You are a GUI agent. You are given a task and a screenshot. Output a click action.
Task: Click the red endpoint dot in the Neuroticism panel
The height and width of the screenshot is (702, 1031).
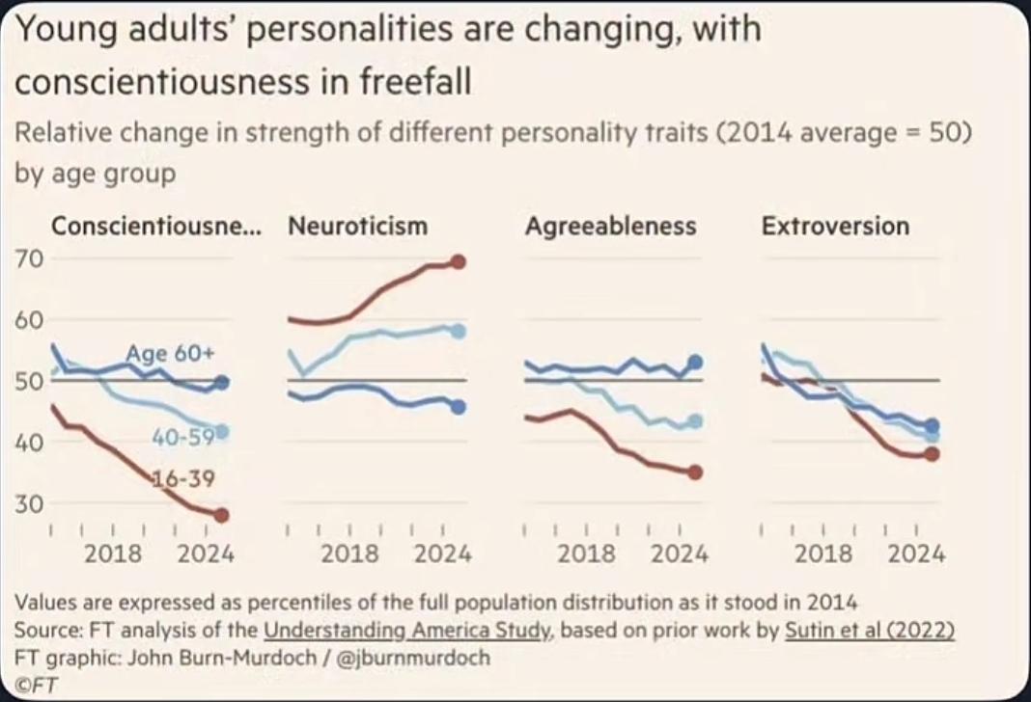(458, 261)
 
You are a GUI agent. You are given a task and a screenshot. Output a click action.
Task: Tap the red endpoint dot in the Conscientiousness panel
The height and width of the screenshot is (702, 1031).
(221, 515)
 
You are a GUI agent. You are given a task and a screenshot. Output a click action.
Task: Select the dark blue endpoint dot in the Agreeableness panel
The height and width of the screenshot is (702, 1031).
(695, 363)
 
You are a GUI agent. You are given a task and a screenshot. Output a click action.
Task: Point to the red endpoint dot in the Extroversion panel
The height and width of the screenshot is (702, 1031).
(932, 454)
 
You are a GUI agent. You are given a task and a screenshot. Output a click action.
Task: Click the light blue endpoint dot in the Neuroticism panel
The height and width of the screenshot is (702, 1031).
(458, 331)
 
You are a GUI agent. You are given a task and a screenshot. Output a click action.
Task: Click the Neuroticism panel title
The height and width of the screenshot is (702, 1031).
(357, 227)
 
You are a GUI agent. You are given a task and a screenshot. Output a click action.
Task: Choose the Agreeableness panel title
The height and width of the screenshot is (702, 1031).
(610, 227)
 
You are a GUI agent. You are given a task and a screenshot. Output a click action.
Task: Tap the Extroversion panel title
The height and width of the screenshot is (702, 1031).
(835, 227)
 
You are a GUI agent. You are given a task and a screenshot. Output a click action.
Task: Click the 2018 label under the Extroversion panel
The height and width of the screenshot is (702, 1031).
(823, 553)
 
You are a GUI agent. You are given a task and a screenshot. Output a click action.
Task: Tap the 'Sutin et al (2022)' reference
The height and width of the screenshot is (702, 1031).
(869, 631)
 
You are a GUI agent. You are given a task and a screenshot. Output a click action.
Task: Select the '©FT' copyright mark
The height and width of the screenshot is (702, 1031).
(37, 684)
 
